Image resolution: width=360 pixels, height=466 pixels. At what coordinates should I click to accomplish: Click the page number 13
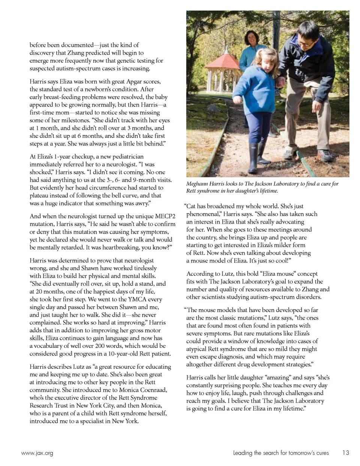coord(345,453)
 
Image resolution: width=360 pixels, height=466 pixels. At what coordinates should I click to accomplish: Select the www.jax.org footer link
coord(37,453)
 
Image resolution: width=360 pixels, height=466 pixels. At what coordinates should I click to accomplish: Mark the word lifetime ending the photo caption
coord(267,191)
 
